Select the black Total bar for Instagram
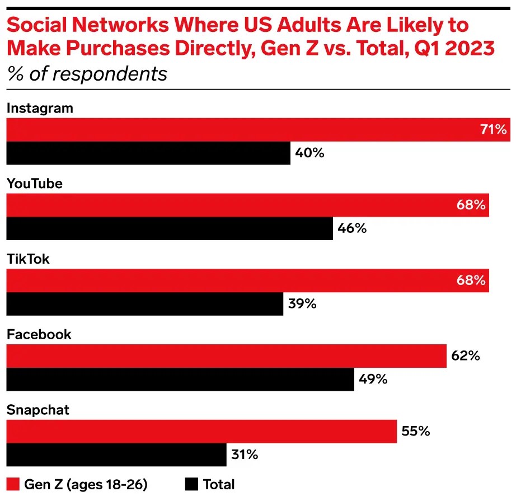coord(148,153)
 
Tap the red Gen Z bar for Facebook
coord(226,356)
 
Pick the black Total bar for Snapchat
coord(116,455)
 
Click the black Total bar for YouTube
coord(170,228)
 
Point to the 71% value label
coord(492,130)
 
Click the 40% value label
coord(309,153)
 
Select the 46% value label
coord(352,228)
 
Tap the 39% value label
coord(302,304)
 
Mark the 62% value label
coord(466,356)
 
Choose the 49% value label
coord(373,379)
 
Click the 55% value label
coord(416,432)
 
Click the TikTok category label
coord(28,259)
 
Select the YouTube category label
coord(35,184)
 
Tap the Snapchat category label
coord(38,410)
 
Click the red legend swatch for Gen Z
coord(12,484)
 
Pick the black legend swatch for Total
coord(191,484)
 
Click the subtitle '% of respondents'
coord(87,74)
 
